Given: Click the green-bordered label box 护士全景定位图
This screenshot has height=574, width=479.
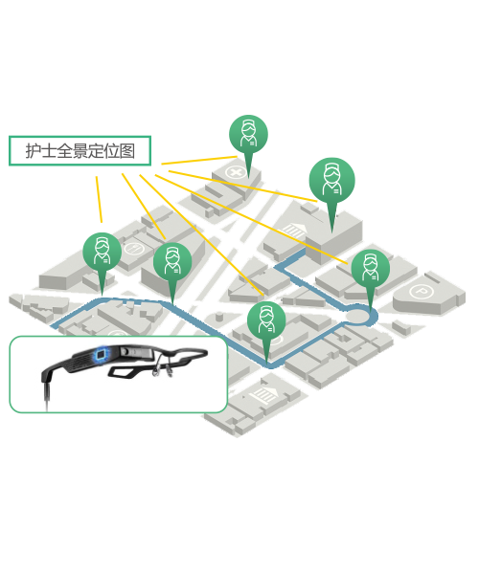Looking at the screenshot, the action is click(80, 151).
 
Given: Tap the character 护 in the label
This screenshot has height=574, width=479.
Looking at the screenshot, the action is click(33, 151).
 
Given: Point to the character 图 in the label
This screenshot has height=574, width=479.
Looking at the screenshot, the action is click(127, 151).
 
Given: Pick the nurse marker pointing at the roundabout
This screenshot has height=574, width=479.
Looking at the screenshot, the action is click(371, 273).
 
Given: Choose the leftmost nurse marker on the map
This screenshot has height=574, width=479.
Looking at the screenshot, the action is click(103, 256).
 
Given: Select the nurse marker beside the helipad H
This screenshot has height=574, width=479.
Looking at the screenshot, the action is click(172, 265).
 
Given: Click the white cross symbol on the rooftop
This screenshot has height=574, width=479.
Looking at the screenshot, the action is click(236, 171).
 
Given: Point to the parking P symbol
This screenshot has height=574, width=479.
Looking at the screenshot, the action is click(422, 292).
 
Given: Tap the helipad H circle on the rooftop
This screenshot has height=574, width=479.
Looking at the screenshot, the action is click(134, 249).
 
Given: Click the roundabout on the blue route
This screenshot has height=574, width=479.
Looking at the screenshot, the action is click(359, 315).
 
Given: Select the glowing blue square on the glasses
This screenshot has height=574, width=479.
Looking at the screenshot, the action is click(101, 354).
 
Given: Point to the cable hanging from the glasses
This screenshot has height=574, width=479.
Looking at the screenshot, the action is click(46, 394).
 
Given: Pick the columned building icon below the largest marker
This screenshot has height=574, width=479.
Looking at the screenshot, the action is click(292, 231).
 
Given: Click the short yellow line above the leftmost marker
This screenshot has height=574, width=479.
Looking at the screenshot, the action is click(100, 200).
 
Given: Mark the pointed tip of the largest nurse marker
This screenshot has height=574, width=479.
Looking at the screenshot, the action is click(332, 232).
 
